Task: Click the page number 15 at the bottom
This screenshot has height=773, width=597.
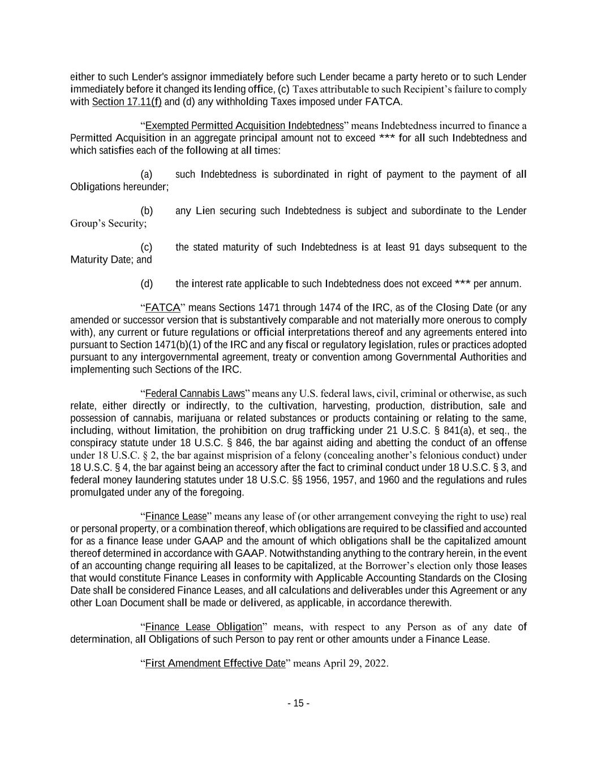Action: (x=298, y=703)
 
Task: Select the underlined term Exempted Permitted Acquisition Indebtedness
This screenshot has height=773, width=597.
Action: (x=244, y=125)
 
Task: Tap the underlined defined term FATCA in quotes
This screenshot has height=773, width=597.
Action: (x=162, y=308)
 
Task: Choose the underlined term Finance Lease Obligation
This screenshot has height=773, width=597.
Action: (x=204, y=627)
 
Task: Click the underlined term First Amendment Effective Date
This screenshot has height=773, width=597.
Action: (x=215, y=663)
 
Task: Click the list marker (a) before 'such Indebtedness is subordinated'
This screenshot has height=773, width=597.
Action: (x=146, y=174)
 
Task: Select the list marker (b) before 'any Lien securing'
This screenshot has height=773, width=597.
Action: (x=146, y=211)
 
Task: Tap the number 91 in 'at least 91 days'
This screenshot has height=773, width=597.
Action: (x=414, y=247)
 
